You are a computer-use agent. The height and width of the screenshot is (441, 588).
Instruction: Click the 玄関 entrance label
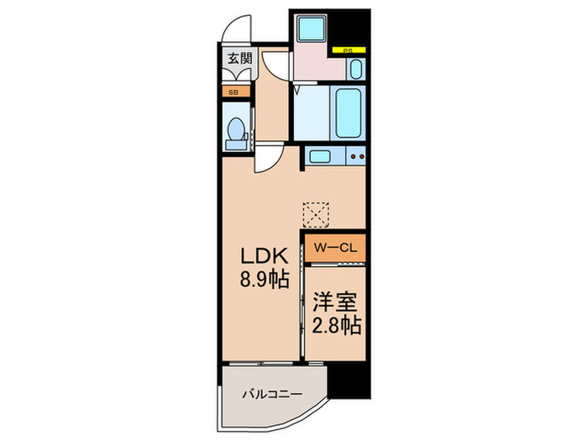click(x=240, y=59)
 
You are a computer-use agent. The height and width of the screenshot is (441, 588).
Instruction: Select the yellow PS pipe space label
click(x=349, y=50)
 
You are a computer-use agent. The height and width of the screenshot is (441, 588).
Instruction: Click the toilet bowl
click(x=236, y=129)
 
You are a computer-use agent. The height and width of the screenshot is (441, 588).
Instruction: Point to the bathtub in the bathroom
click(x=349, y=113)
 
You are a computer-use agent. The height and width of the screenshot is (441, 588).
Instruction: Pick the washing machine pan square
click(x=311, y=28)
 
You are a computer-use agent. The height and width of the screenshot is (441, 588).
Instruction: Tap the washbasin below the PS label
click(x=356, y=69)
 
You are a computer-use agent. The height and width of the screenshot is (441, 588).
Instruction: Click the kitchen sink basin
click(x=320, y=156)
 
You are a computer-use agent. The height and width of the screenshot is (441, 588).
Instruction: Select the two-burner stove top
click(x=355, y=156)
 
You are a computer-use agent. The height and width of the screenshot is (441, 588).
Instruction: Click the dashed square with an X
click(x=316, y=215)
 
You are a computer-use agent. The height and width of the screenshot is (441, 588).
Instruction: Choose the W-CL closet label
click(x=335, y=248)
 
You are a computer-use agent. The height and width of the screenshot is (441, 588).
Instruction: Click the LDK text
click(x=265, y=256)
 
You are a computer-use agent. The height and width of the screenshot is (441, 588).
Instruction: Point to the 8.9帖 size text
click(x=265, y=279)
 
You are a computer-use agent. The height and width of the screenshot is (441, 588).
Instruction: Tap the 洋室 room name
click(x=335, y=302)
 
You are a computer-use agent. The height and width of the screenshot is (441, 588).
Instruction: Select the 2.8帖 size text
click(x=337, y=325)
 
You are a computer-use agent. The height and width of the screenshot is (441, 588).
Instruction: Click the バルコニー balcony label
click(x=272, y=394)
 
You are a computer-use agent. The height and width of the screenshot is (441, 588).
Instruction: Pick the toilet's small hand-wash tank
click(x=235, y=145)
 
